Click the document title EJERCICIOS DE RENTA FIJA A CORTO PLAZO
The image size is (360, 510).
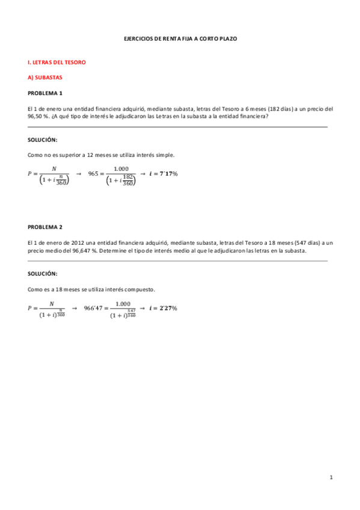[x=180, y=38]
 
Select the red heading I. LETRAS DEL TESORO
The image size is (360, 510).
[x=56, y=62]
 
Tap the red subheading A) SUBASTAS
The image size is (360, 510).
[x=45, y=78]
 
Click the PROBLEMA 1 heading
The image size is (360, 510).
[x=45, y=93]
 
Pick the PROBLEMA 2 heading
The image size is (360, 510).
[x=45, y=227]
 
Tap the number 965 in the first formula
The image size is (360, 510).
[x=93, y=173]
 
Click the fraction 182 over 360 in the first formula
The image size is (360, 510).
[x=128, y=180]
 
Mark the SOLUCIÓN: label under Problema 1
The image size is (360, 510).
[x=43, y=140]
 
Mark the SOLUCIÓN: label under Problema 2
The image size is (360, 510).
[x=43, y=274]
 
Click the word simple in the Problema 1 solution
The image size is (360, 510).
[x=165, y=155]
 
